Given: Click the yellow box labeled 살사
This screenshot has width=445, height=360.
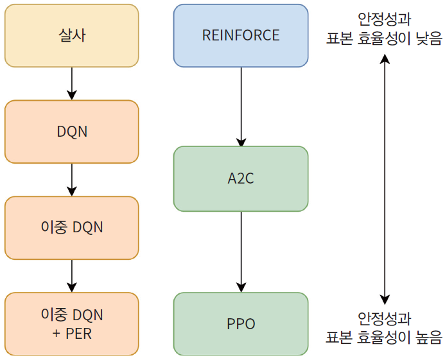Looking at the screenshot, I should tap(71, 35).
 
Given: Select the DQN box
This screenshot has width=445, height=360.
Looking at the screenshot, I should tap(71, 132).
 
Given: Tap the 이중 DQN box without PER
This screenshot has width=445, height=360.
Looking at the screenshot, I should tap(71, 227).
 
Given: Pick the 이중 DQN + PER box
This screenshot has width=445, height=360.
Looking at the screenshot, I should tap(71, 324).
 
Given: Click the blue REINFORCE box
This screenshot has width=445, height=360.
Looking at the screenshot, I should tap(241, 35).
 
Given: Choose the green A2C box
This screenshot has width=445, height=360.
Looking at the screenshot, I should tap(241, 178).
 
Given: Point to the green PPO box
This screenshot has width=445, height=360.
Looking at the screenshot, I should tap(241, 324).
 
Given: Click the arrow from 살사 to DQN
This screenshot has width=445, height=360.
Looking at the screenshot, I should tap(71, 83).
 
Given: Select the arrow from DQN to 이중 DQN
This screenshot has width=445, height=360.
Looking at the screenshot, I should tap(71, 179).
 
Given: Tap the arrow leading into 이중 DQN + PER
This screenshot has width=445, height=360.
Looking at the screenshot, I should tap(71, 276).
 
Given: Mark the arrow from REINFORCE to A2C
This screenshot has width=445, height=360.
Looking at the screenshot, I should tap(241, 107).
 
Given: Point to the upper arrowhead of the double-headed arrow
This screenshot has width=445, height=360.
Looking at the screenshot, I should tap(385, 59).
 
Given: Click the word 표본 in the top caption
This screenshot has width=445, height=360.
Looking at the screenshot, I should tap(340, 39).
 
